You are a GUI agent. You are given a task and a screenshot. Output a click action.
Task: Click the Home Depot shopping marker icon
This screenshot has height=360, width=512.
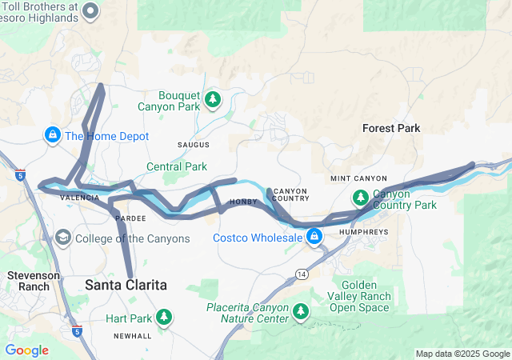[x=53, y=134]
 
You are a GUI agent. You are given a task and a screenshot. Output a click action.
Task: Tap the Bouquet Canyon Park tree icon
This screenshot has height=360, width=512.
[x=212, y=99]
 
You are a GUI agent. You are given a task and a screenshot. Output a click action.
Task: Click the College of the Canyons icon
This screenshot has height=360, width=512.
[x=62, y=238]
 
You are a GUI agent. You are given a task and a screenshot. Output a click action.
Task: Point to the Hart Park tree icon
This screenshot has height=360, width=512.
[x=164, y=318]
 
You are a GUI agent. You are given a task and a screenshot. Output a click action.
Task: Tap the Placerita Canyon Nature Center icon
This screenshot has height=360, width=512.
[x=301, y=311]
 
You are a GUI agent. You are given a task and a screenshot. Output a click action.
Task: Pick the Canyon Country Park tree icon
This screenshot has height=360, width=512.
[x=361, y=197]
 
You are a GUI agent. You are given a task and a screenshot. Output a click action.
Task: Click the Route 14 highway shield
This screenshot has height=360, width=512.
[x=301, y=274]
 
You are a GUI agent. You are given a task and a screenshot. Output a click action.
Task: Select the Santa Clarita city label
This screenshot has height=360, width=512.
[x=126, y=285]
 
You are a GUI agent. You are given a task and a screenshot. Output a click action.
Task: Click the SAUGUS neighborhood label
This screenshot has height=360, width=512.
[x=193, y=145]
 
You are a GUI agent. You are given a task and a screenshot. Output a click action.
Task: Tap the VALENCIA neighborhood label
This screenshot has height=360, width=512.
[x=81, y=198]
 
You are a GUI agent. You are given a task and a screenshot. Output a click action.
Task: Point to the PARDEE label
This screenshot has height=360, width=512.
[x=130, y=218]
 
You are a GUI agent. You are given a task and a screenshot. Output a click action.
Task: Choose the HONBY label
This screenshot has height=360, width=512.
[x=242, y=202]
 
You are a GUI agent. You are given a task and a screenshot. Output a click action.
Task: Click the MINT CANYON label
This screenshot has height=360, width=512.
[x=358, y=178]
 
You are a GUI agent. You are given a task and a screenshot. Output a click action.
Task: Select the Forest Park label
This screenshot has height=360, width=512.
[x=391, y=128]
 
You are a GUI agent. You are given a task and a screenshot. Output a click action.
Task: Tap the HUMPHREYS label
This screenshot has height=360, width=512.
[x=363, y=232]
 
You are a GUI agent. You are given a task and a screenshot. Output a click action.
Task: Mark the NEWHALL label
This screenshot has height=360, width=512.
[x=132, y=335]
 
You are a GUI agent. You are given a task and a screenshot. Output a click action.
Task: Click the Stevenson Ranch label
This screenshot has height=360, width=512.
[x=34, y=281]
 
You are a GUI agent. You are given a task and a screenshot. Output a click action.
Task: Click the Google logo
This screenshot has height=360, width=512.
[x=26, y=350]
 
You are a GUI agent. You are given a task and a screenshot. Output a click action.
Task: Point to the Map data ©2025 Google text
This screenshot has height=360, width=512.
[x=462, y=354]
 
